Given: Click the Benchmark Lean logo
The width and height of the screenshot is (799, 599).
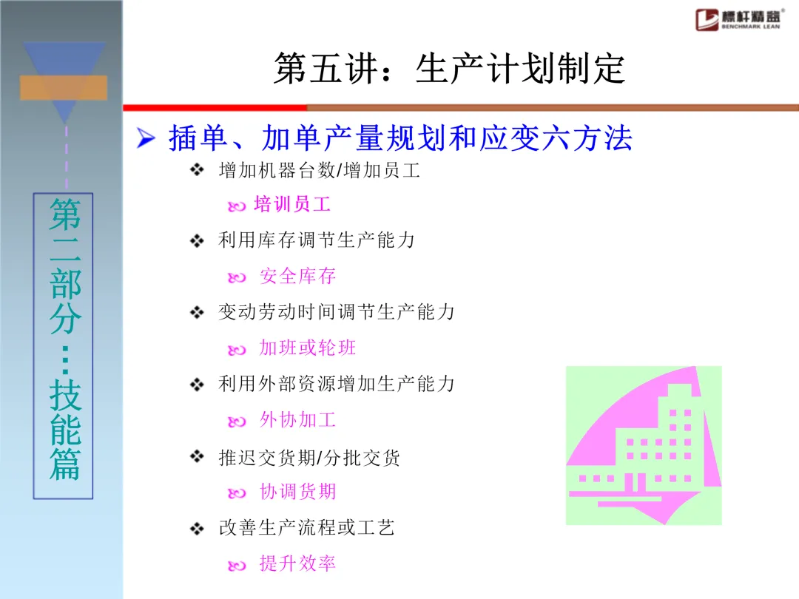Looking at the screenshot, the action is (x=739, y=19).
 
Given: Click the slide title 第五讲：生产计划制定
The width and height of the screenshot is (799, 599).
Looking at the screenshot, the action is (x=450, y=68).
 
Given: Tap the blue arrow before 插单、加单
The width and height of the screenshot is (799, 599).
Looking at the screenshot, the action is (x=146, y=138).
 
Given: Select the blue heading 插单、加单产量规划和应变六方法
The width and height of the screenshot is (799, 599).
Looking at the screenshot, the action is (x=400, y=138).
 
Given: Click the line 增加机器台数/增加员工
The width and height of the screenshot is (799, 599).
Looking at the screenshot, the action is (x=320, y=170).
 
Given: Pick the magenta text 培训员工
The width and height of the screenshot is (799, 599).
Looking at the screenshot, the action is (x=292, y=204).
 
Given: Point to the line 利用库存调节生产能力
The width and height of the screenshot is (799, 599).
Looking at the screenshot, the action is (x=317, y=240).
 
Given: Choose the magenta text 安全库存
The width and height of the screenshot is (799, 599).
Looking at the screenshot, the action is (x=297, y=276).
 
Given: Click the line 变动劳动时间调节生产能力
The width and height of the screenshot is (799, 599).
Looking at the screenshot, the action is (x=337, y=312).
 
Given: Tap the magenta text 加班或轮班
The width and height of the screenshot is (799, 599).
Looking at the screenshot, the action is (x=307, y=348).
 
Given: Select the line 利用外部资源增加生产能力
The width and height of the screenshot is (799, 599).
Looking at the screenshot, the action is (x=337, y=384).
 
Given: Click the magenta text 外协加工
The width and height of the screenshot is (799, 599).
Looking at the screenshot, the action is (x=297, y=420).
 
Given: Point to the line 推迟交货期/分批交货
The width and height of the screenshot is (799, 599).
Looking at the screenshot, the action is (x=309, y=458).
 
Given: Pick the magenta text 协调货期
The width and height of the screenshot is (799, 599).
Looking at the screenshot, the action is (x=297, y=492).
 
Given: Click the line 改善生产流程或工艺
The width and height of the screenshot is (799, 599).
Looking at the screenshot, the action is (x=307, y=528).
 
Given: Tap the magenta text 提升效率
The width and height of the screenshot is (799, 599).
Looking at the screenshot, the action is (x=297, y=564).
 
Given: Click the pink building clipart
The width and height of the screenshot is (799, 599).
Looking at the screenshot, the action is (x=644, y=445).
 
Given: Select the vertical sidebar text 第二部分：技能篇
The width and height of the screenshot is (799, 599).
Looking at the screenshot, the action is (x=64, y=339).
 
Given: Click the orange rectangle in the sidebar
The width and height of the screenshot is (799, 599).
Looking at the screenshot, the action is (x=64, y=87).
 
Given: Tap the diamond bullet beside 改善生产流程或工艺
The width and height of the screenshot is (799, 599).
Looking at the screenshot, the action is (x=197, y=529).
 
